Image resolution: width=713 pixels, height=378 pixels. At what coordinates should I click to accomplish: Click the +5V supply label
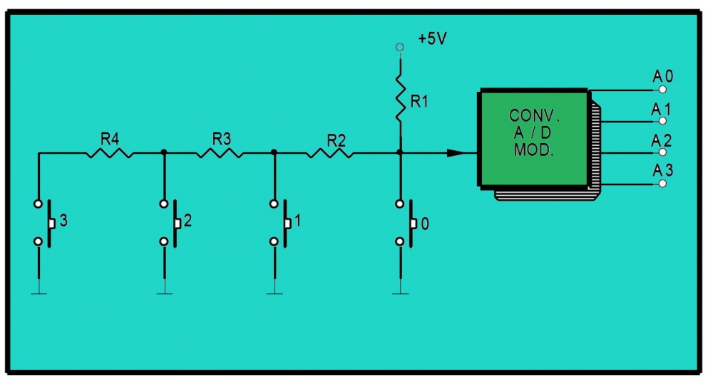432,39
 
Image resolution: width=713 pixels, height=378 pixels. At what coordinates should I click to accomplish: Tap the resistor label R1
419,102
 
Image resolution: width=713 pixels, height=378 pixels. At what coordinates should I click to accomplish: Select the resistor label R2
336,139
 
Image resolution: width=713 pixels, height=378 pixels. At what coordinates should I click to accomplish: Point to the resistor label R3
222,138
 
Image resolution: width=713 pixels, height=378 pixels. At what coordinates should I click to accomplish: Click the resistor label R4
109,138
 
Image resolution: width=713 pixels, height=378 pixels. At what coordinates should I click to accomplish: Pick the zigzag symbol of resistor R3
219,152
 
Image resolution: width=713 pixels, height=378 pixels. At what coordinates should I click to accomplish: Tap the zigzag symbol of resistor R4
109,152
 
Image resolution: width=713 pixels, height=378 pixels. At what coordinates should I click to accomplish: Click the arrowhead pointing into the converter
456,152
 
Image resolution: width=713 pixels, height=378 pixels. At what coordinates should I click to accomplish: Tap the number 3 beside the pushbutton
63,221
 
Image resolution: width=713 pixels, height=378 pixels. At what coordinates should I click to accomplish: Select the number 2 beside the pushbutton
187,221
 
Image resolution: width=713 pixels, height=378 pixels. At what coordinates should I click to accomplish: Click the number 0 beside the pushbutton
425,224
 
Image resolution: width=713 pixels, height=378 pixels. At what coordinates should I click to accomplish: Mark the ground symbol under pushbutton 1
275,289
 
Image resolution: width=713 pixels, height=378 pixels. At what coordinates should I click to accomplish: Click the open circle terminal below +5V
399,47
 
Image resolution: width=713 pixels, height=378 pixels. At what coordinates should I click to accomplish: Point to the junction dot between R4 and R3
165,152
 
